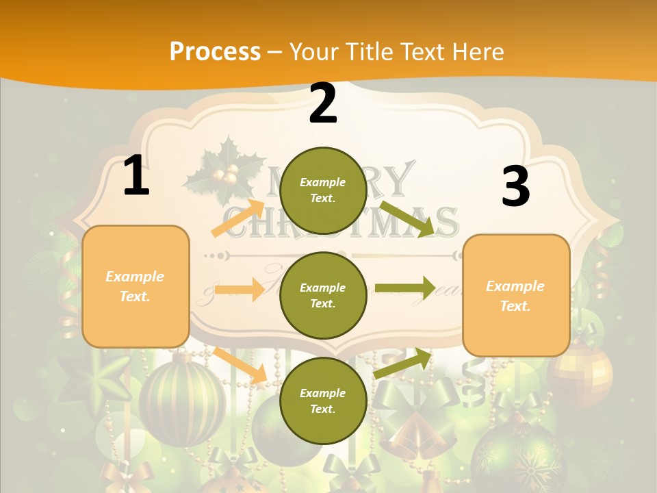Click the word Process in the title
pyautogui.click(x=215, y=51)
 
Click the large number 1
pyautogui.click(x=136, y=176)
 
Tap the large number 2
pyautogui.click(x=323, y=104)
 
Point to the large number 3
pyautogui.click(x=515, y=187)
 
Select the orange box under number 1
pyautogui.click(x=136, y=286)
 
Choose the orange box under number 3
pyautogui.click(x=516, y=295)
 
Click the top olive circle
pyautogui.click(x=323, y=190)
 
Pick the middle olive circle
pyautogui.click(x=323, y=295)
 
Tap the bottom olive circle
pyautogui.click(x=323, y=401)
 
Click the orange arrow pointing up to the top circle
pyautogui.click(x=238, y=218)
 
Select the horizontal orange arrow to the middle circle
pyautogui.click(x=239, y=290)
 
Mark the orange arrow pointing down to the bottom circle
pyautogui.click(x=240, y=366)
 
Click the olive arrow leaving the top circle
pyautogui.click(x=408, y=219)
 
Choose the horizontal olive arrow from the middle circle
pyautogui.click(x=405, y=288)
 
